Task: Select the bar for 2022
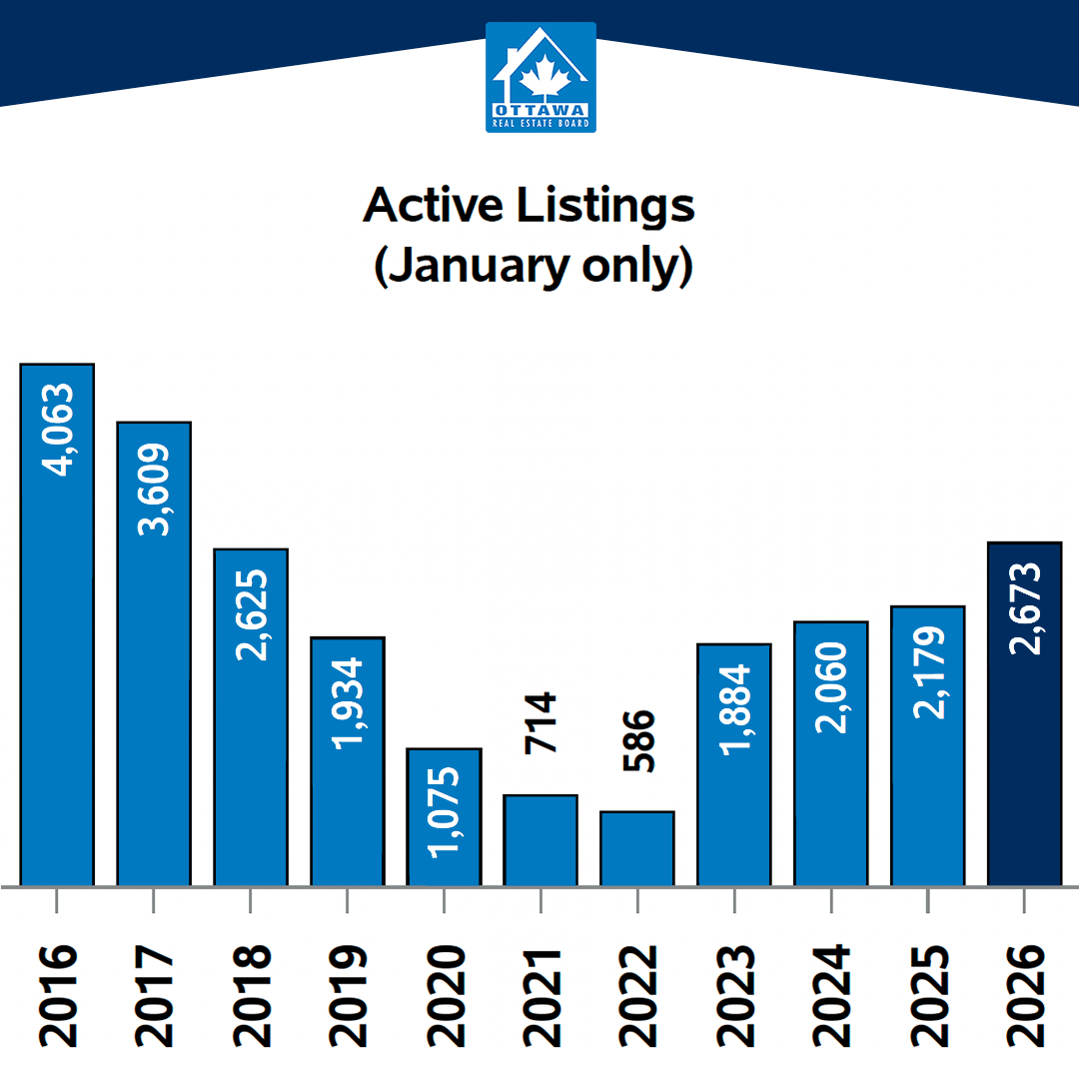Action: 637,848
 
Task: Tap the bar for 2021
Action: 540,840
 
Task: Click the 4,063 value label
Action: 58,430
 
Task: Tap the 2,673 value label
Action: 1025,608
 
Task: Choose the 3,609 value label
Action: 154,490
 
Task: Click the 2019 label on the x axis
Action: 348,995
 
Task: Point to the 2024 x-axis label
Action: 831,995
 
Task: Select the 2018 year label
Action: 251,995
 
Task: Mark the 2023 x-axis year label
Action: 734,995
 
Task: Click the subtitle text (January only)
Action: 533,268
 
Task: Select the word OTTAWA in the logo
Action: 540,110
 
